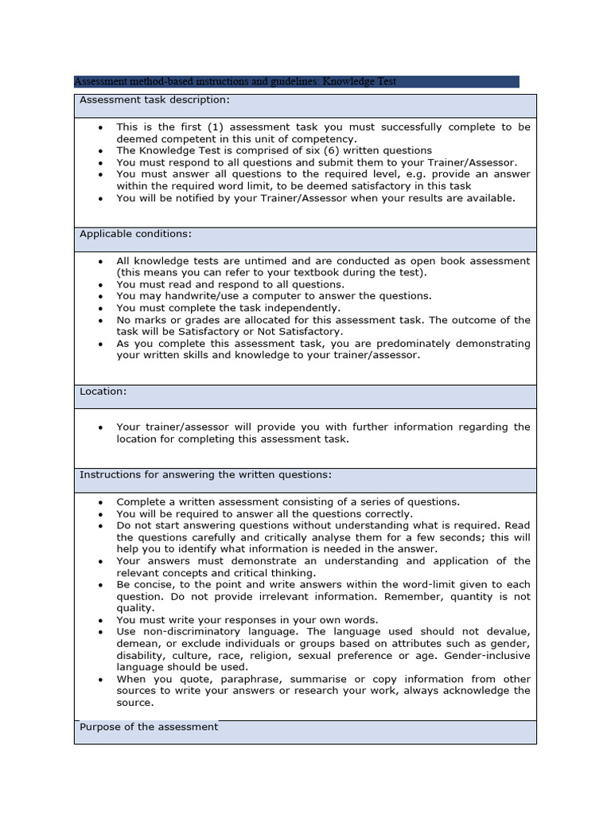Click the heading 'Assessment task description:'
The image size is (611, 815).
[x=154, y=100]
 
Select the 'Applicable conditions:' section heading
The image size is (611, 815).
[x=135, y=234]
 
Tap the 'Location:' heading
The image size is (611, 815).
[x=103, y=392]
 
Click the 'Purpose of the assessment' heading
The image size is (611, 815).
[x=148, y=727]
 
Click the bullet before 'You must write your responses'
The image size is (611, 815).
[x=100, y=620]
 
